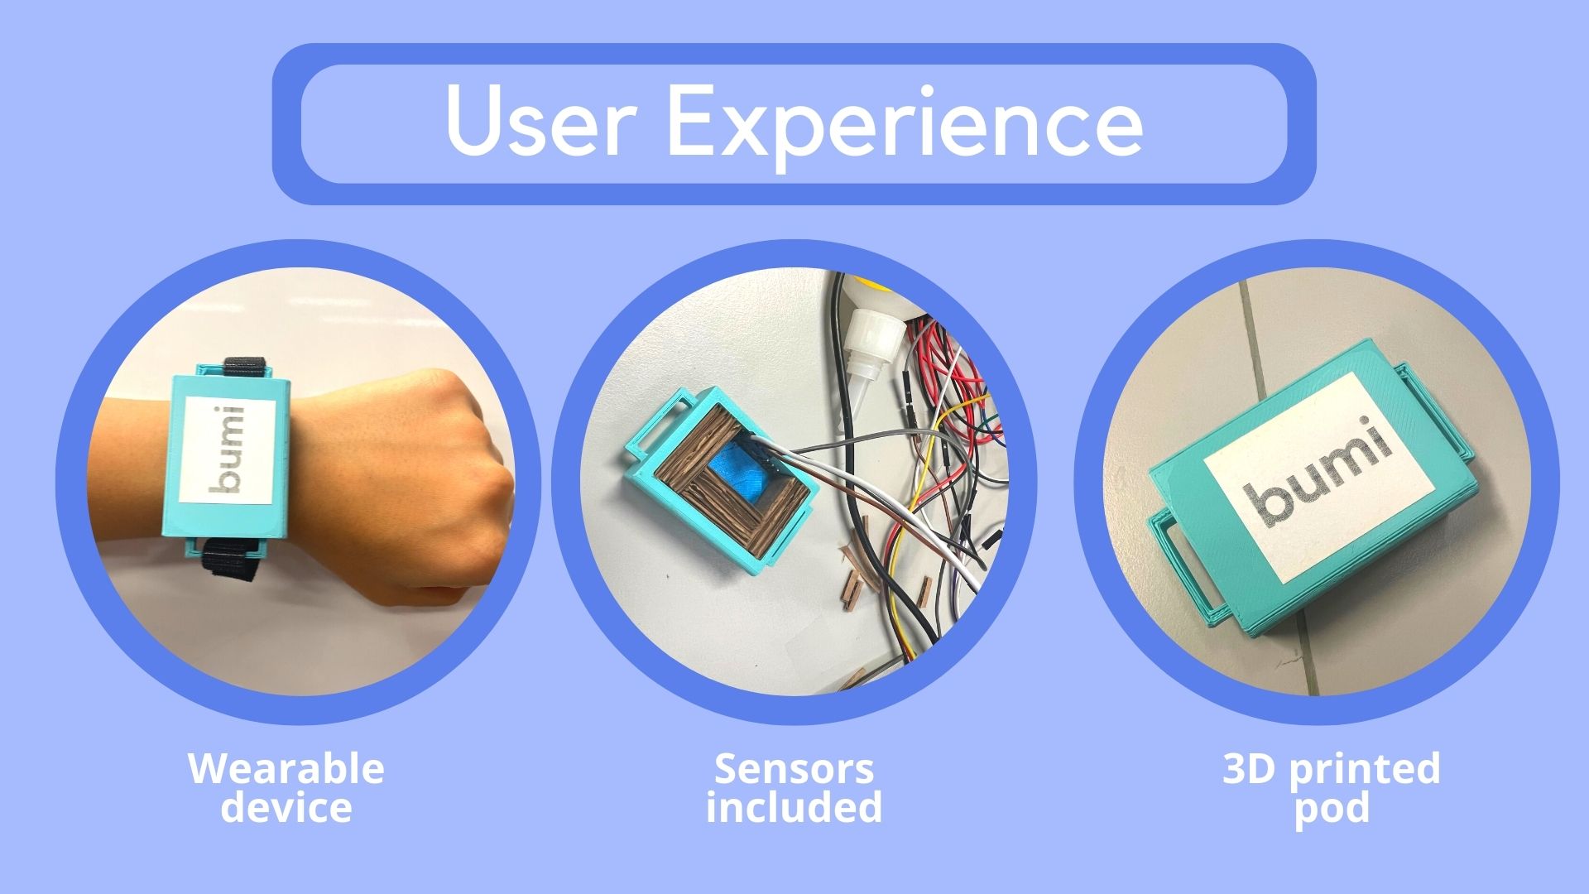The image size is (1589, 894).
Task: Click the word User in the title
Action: (x=541, y=122)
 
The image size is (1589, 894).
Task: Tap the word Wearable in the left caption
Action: (x=286, y=769)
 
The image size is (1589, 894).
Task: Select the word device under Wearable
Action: (x=286, y=807)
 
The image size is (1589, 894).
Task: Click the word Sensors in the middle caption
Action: (x=794, y=769)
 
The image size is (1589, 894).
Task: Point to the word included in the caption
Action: (x=794, y=807)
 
